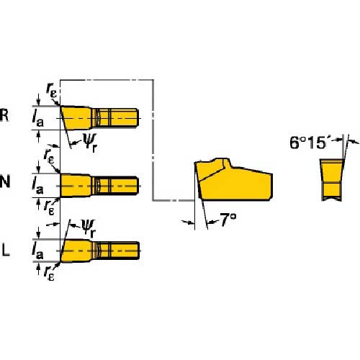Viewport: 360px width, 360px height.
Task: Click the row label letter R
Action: point(6,116)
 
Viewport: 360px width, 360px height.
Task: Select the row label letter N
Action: point(6,182)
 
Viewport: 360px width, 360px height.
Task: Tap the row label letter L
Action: point(6,250)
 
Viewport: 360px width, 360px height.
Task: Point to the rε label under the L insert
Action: point(48,273)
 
